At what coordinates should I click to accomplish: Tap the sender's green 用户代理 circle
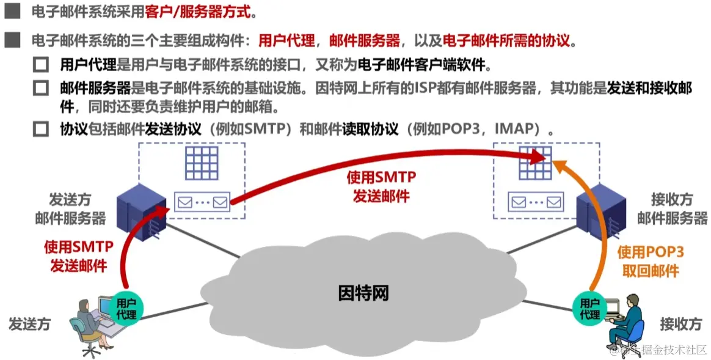[x=126, y=307]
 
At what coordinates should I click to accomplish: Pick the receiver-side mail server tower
[x=602, y=211]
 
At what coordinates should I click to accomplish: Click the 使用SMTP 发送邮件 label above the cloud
[x=381, y=186]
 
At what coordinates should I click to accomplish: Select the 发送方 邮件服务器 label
[x=70, y=208]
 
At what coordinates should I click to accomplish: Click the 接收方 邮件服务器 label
[x=671, y=208]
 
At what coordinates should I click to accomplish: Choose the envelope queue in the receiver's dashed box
[x=536, y=200]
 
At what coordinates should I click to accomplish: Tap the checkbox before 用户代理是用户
[x=41, y=64]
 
